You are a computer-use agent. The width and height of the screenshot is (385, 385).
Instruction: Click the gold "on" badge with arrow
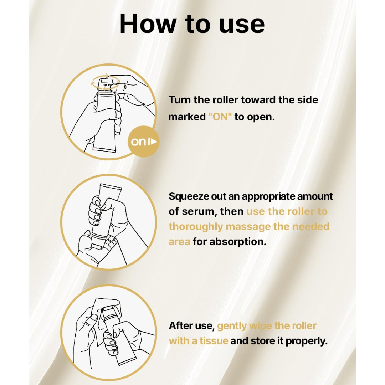tap(143, 142)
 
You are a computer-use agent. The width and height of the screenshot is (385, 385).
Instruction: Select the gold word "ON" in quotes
tap(220, 117)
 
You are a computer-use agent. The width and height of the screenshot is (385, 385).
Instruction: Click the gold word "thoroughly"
tap(196, 227)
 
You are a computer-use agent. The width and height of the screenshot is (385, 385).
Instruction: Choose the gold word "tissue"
tap(214, 341)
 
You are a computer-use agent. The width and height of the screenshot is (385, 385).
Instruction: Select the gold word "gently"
tap(232, 326)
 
